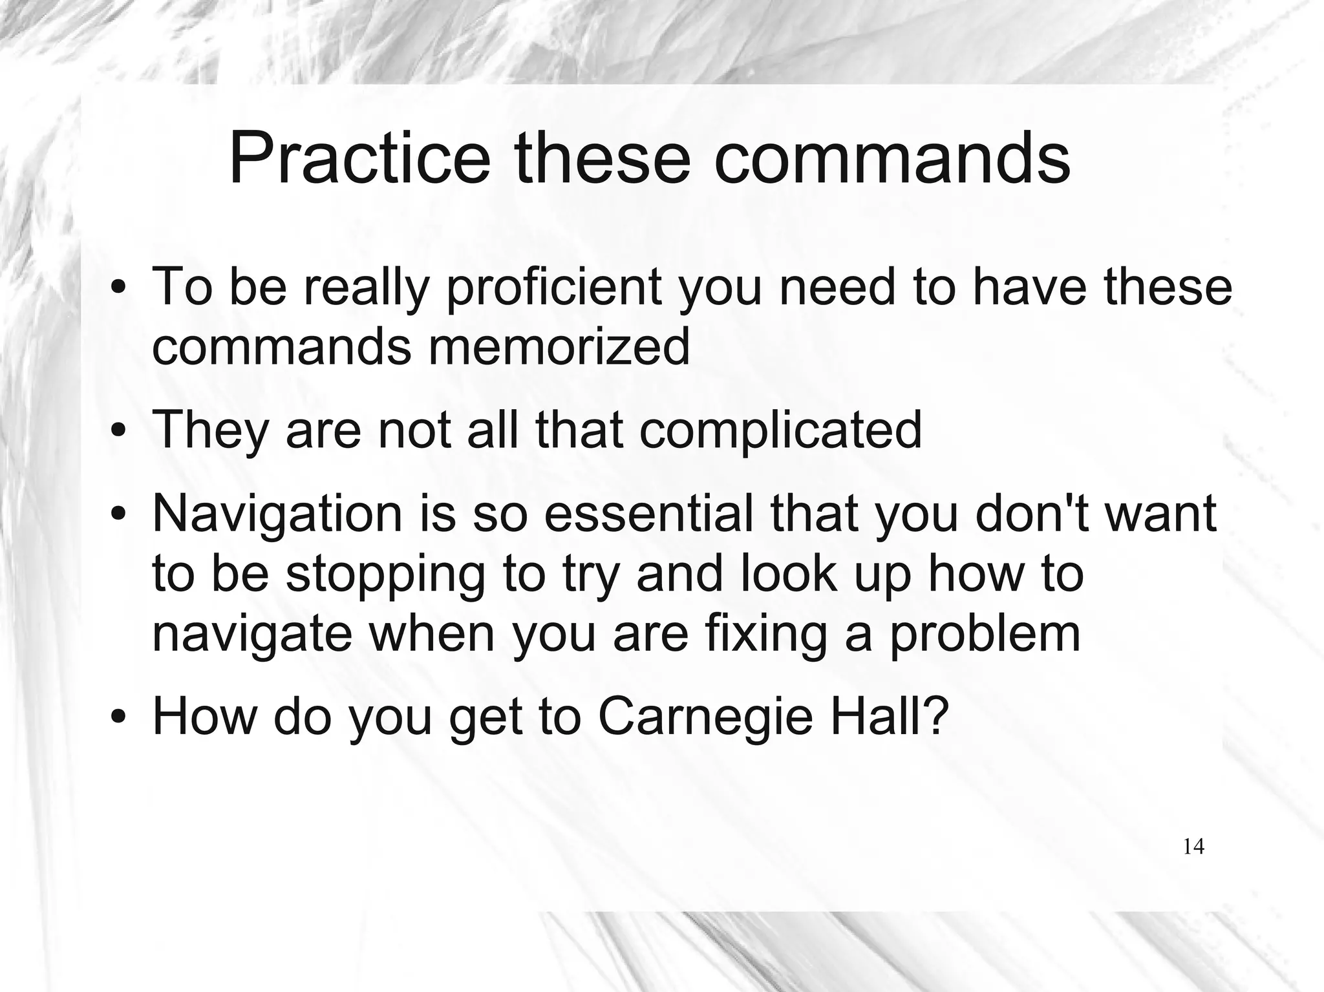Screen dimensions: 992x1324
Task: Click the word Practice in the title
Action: (359, 158)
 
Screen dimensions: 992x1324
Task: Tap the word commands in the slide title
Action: (892, 158)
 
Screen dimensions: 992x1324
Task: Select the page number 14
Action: (1193, 847)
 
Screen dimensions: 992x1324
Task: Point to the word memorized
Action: (559, 346)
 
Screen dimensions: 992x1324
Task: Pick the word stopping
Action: (385, 575)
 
